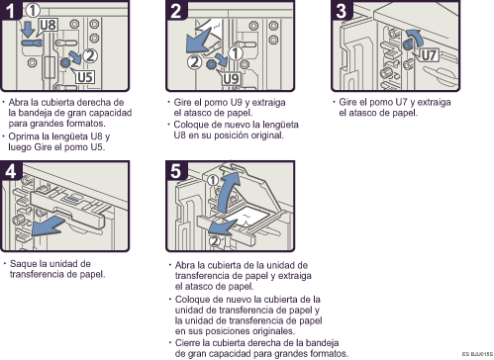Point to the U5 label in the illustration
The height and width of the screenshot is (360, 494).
[x=85, y=76]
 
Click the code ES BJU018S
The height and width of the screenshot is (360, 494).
[x=474, y=354]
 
